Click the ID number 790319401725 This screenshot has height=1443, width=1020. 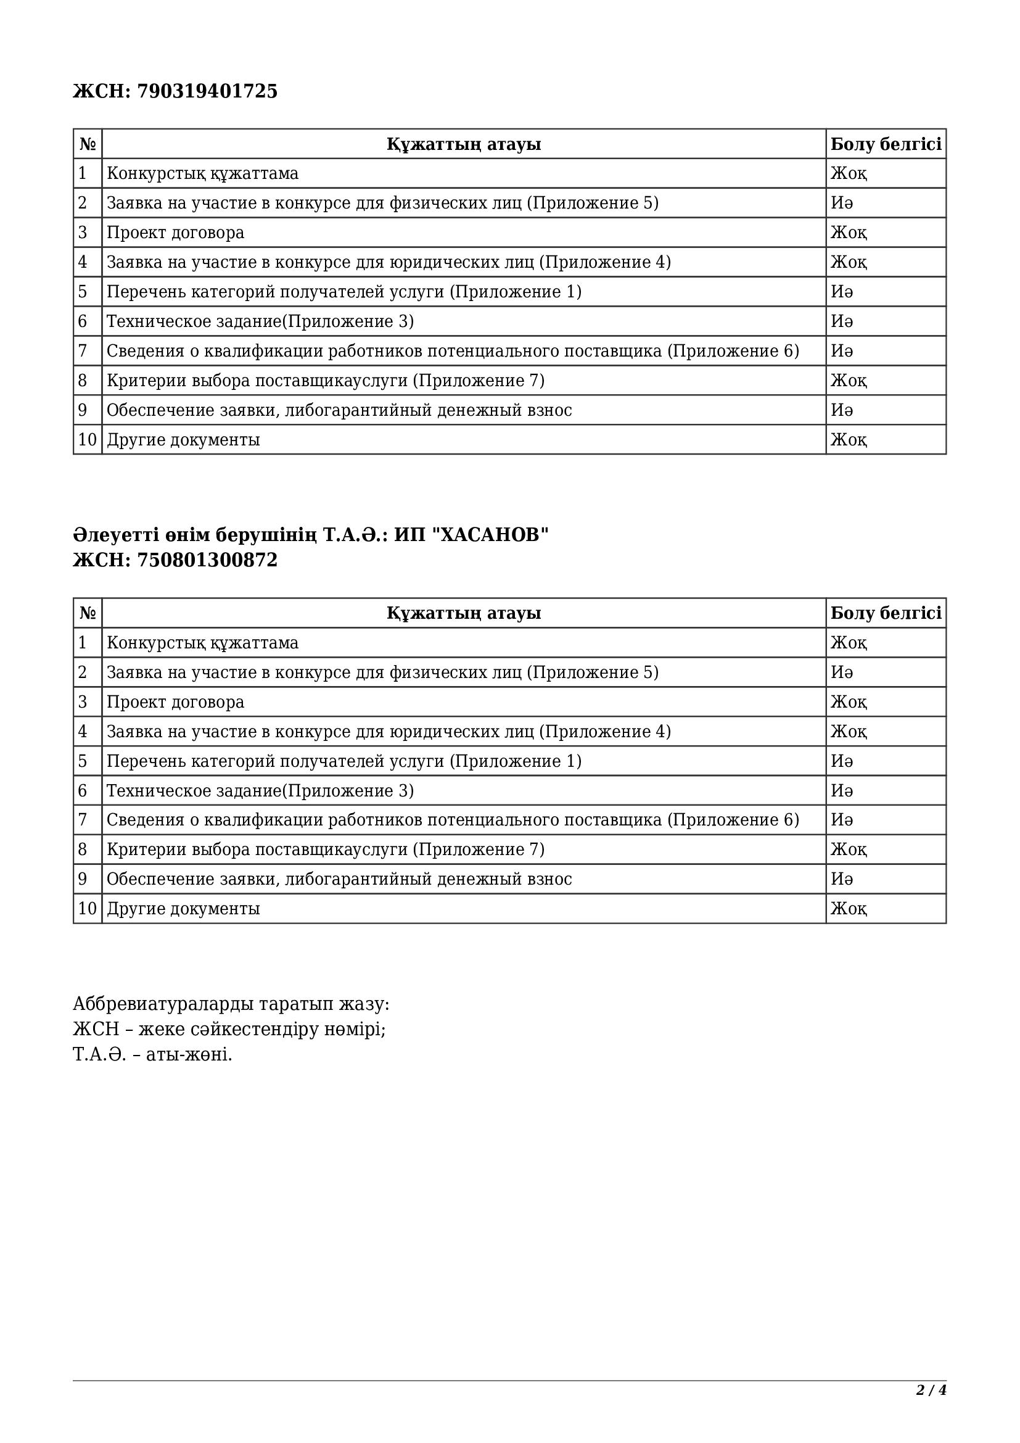point(207,92)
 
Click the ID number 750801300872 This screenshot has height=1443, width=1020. point(207,560)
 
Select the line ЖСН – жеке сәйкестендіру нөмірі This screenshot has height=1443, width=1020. point(229,1030)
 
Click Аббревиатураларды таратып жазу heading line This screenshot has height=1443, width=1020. point(231,1004)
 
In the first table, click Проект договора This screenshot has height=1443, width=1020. point(175,233)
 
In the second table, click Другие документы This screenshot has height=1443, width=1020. point(183,909)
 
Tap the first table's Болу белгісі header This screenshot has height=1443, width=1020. point(886,144)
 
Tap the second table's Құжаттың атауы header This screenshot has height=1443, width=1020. point(464,613)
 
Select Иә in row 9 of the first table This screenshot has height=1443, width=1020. point(842,410)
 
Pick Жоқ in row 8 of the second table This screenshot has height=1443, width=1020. point(849,850)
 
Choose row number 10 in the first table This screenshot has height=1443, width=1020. point(88,440)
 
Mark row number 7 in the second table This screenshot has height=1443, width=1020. point(82,820)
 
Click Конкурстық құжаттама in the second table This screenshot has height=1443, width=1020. point(202,643)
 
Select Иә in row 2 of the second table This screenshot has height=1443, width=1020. point(842,672)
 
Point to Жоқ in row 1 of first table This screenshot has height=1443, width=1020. point(849,173)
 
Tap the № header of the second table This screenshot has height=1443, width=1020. point(88,613)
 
